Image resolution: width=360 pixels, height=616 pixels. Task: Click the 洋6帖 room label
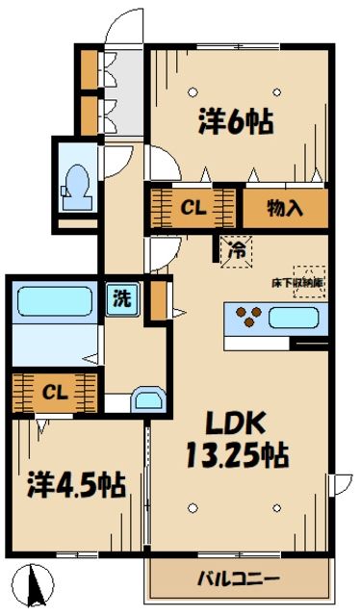pyautogui.click(x=235, y=122)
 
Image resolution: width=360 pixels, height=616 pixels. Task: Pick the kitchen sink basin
pyautogui.click(x=299, y=317)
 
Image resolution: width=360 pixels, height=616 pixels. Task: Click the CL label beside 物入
pyautogui.click(x=193, y=206)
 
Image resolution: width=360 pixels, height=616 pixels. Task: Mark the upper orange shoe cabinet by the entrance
pyautogui.click(x=89, y=67)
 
